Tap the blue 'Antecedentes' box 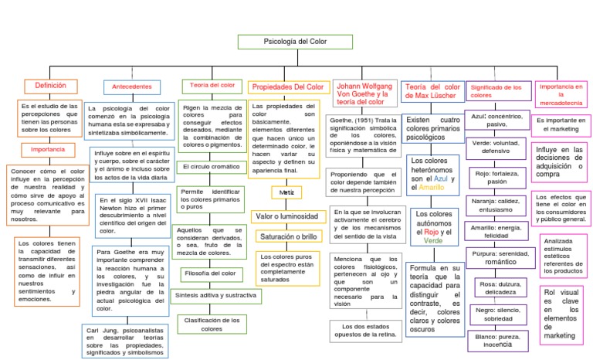click(x=131, y=87)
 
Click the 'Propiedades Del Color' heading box click(x=288, y=87)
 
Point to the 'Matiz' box click(x=286, y=192)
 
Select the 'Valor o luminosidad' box click(x=286, y=216)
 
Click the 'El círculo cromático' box click(x=212, y=166)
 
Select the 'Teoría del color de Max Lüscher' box click(x=432, y=92)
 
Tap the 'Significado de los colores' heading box click(x=498, y=92)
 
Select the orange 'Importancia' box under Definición click(x=48, y=149)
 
